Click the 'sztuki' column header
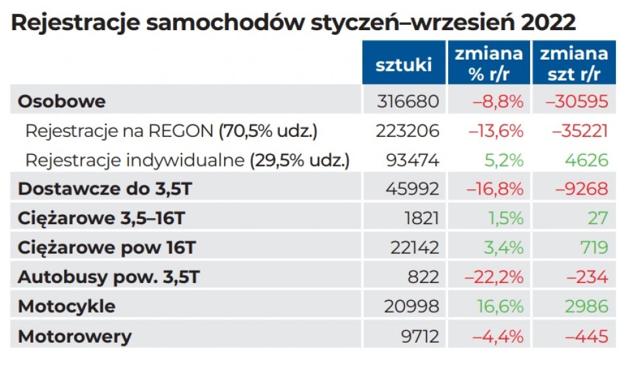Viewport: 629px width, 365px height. click(x=404, y=64)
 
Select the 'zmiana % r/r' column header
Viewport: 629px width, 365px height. click(x=489, y=63)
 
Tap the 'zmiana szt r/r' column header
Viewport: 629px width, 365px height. click(x=574, y=63)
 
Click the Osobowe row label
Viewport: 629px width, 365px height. click(x=62, y=102)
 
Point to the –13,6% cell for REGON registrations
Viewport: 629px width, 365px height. click(x=495, y=131)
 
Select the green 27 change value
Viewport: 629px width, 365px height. click(x=598, y=218)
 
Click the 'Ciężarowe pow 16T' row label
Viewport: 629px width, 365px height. click(x=106, y=248)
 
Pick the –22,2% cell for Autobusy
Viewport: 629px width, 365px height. click(x=495, y=277)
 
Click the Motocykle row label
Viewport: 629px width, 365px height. click(x=67, y=306)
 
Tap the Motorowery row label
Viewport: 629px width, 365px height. click(x=75, y=336)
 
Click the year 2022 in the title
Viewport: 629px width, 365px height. click(x=549, y=23)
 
